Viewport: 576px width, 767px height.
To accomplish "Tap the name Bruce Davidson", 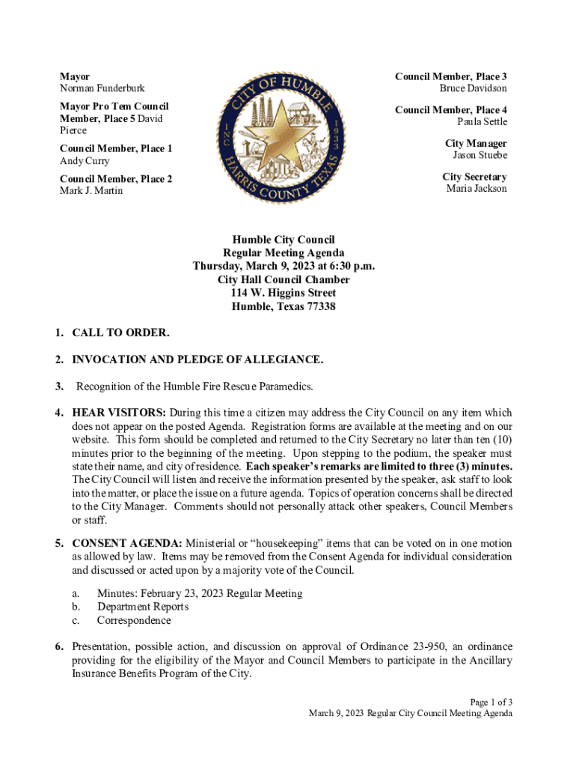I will click(473, 88).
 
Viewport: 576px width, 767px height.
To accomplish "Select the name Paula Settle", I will click(482, 121).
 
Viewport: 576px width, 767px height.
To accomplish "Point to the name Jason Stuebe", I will click(480, 155).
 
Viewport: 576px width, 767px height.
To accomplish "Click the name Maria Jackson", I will click(477, 189).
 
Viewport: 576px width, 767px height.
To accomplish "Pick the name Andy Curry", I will click(84, 161).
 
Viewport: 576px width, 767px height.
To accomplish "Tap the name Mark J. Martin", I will click(91, 191).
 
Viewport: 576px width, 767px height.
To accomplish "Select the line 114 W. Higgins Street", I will click(284, 293).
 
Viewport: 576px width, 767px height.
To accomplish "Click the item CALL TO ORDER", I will click(120, 333).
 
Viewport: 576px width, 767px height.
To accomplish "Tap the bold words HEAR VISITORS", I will click(119, 413).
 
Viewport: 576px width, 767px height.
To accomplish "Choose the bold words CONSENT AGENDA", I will click(127, 542).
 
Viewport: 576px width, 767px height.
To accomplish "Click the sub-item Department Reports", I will click(143, 607).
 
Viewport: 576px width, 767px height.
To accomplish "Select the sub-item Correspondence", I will click(134, 620).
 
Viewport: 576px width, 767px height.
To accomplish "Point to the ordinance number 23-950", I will click(432, 646).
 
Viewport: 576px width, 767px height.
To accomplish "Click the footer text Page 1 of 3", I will click(491, 702).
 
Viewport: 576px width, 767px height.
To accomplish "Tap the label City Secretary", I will click(474, 177).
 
